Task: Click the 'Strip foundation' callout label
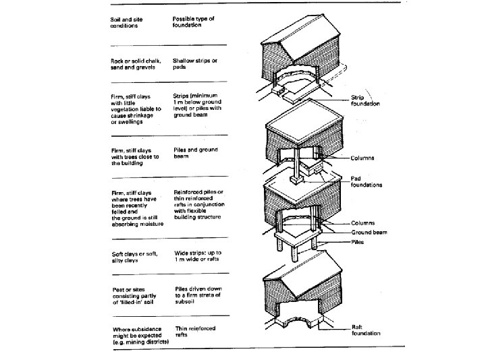[x=365, y=100]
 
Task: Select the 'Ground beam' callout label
[x=369, y=232]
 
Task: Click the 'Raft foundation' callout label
[x=365, y=329]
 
